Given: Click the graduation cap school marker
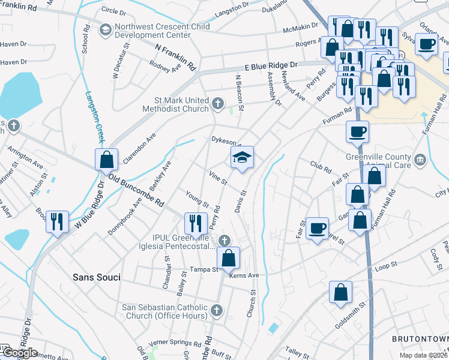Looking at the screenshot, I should pyautogui.click(x=243, y=158).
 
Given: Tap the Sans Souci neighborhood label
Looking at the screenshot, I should pyautogui.click(x=96, y=277).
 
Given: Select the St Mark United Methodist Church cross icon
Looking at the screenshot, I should pyautogui.click(x=218, y=105).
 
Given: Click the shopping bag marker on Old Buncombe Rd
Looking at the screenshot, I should pyautogui.click(x=106, y=160).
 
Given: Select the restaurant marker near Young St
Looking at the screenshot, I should pyautogui.click(x=196, y=224).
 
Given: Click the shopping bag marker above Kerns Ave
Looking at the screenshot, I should pyautogui.click(x=228, y=259).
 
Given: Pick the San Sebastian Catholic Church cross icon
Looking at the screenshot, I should pyautogui.click(x=217, y=310).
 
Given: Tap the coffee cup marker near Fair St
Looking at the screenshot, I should pyautogui.click(x=317, y=229).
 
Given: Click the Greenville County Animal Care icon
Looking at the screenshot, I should pyautogui.click(x=420, y=158).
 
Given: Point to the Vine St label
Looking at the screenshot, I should pyautogui.click(x=218, y=178).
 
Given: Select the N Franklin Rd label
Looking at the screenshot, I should pyautogui.click(x=175, y=56).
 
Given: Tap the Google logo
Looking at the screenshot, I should pyautogui.click(x=19, y=353).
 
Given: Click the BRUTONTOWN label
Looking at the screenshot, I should pyautogui.click(x=420, y=339).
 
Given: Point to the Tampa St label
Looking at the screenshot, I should pyautogui.click(x=203, y=269).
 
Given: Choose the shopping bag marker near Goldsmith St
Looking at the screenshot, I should pyautogui.click(x=340, y=292).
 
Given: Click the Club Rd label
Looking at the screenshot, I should pyautogui.click(x=321, y=166).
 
